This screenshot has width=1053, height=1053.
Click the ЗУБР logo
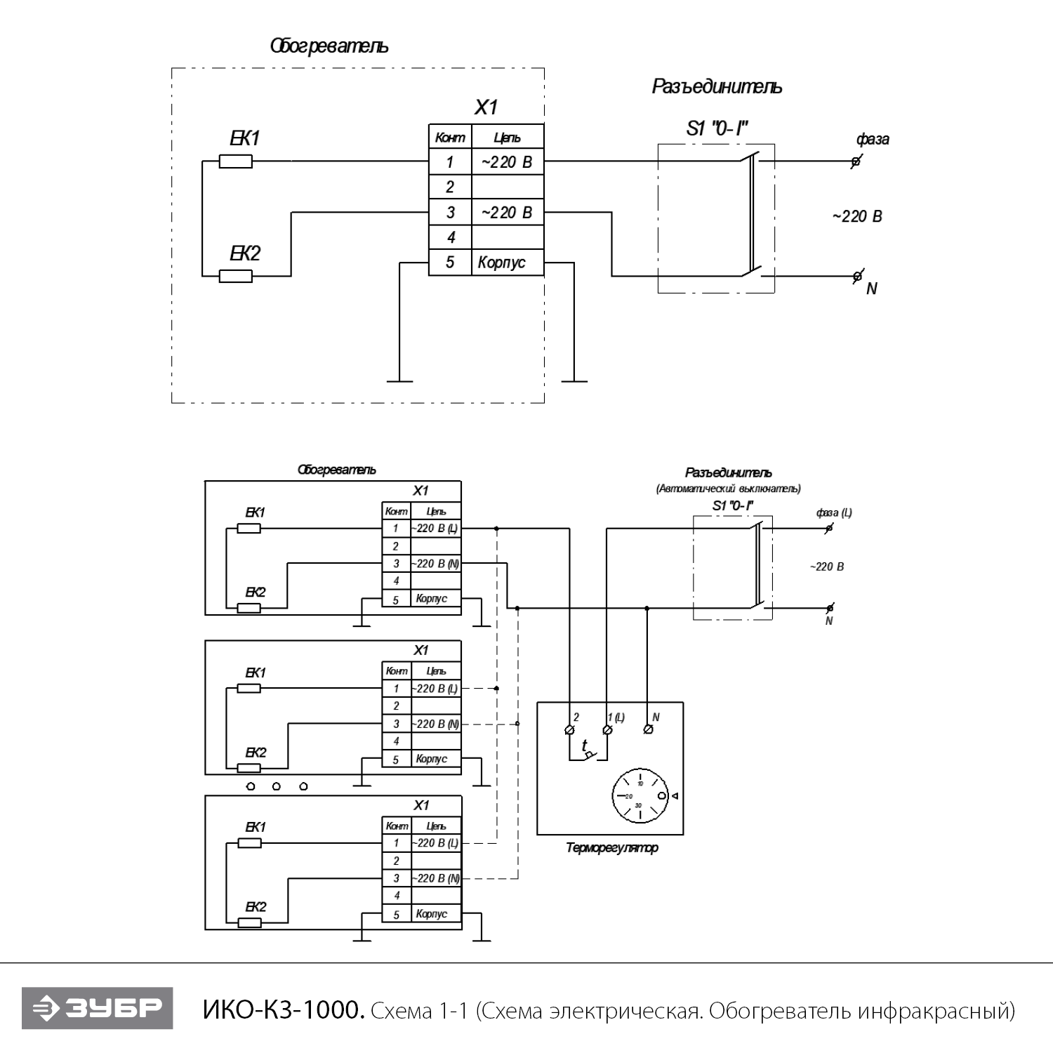97,1008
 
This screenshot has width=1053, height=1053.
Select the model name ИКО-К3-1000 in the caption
283,1010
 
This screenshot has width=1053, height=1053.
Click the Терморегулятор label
611,848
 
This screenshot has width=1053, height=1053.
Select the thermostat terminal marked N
648,730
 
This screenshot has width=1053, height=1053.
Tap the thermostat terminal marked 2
569,730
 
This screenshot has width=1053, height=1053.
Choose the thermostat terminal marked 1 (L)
608,730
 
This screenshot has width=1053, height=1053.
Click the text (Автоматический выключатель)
728,489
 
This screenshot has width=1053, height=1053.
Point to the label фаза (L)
834,512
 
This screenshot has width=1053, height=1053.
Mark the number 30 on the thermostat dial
638,806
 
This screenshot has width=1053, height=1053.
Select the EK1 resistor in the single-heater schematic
236,161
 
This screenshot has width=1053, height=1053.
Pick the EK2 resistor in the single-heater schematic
236,276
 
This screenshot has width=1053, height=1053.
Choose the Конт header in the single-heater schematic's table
450,138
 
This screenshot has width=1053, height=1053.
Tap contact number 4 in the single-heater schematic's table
451,237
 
